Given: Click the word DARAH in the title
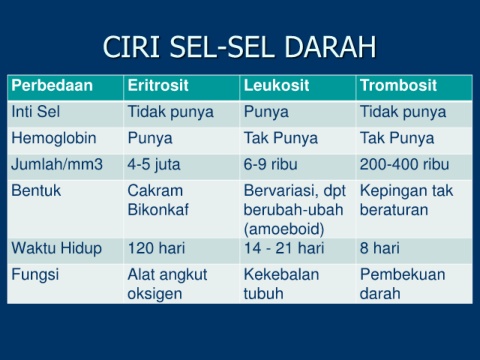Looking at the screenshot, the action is (330, 46).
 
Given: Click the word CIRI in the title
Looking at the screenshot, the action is (131, 46).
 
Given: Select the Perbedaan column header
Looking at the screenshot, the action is (52, 85).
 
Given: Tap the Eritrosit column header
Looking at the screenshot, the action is (158, 85).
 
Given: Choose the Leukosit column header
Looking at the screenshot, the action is (277, 85).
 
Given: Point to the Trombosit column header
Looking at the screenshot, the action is (398, 85).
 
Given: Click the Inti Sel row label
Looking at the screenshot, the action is (36, 111).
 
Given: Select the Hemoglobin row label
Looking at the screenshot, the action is (54, 138).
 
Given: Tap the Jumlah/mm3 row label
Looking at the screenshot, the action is (57, 164).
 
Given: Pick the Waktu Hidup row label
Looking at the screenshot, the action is (57, 249).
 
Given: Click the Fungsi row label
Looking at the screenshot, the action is (35, 275).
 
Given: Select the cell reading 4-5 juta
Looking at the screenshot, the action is (154, 165).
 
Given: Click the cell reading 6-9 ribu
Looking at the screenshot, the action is (270, 164).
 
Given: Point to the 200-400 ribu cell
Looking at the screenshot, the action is (404, 164).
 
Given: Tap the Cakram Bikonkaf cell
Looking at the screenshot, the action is (158, 200).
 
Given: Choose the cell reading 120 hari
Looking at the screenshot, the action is (156, 248).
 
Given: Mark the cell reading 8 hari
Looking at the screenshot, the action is (380, 248).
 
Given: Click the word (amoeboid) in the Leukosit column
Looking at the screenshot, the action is (284, 229).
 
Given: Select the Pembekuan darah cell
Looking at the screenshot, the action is (403, 284).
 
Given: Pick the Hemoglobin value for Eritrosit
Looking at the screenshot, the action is (150, 139).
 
